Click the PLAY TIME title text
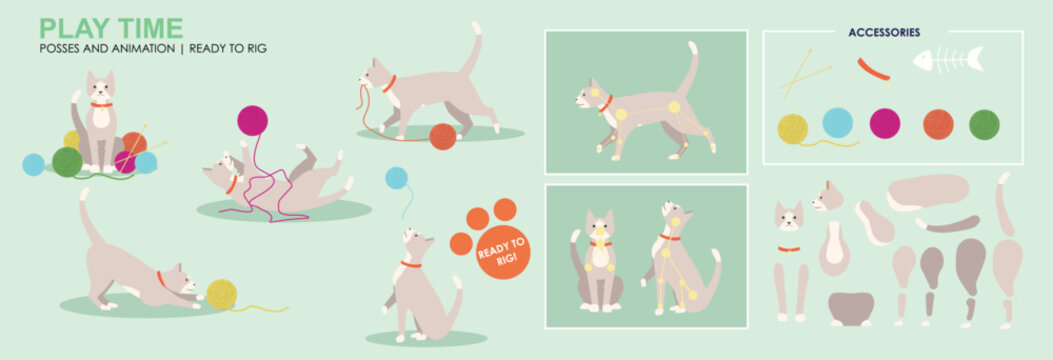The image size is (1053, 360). (x=110, y=27)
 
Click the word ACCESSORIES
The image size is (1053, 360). (x=884, y=32)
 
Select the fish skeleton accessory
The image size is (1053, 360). (x=948, y=61)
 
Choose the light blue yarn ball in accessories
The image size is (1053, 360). (x=837, y=122)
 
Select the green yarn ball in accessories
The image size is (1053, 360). (x=984, y=124)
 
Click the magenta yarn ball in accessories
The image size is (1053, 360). (x=884, y=123)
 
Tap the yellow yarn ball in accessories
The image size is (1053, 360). (x=792, y=128)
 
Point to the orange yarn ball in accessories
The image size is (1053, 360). (x=937, y=124)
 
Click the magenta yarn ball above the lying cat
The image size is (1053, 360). (x=252, y=120)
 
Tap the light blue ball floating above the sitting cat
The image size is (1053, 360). (x=397, y=178)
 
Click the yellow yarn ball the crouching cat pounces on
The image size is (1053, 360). (x=221, y=294)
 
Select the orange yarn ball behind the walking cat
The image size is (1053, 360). (x=443, y=136)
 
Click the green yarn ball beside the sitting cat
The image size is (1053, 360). (x=67, y=161)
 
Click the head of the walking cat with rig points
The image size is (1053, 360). (x=587, y=95)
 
